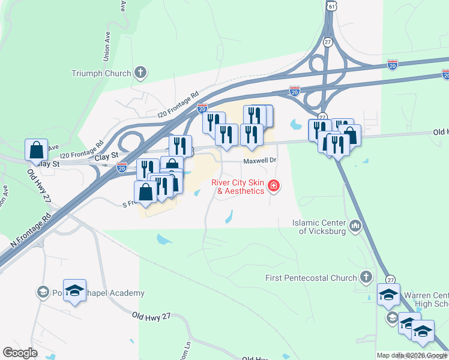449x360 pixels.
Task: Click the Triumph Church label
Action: pyautogui.click(x=101, y=73)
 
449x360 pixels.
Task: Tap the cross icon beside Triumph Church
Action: pyautogui.click(x=140, y=73)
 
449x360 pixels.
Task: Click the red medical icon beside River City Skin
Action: pyautogui.click(x=274, y=187)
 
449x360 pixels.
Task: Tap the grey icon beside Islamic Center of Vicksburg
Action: pyautogui.click(x=356, y=226)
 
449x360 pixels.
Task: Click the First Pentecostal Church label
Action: pyautogui.click(x=311, y=278)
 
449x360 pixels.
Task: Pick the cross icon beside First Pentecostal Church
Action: pyautogui.click(x=366, y=277)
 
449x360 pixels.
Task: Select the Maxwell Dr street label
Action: pyautogui.click(x=259, y=161)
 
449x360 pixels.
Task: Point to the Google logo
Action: pyautogui.click(x=20, y=353)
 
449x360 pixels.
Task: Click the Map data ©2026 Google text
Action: pyautogui.click(x=411, y=355)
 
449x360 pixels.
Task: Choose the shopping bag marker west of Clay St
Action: pyautogui.click(x=36, y=149)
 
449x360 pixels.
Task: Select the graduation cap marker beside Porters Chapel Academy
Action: pyautogui.click(x=74, y=290)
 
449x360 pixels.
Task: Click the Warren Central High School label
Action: pyautogui.click(x=424, y=299)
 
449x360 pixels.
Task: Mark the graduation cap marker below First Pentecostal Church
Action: pyautogui.click(x=388, y=295)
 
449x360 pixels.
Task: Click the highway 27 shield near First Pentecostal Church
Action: pyautogui.click(x=391, y=280)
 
